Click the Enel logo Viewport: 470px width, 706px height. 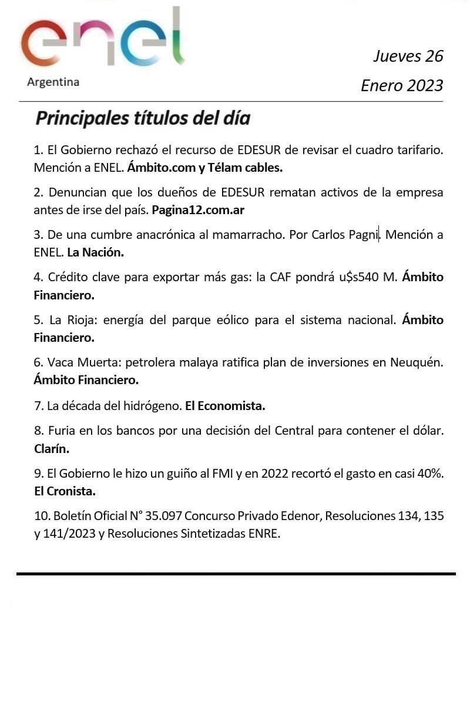coord(103,41)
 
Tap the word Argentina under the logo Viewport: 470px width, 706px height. coord(53,82)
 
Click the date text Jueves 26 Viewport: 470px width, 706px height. coord(408,56)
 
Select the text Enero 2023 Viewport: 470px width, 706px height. coord(402,86)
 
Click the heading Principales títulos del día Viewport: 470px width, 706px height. coord(143,118)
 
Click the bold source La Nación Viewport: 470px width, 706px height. coord(96,252)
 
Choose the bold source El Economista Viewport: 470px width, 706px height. coord(225,406)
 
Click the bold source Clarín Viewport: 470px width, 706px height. coord(52,449)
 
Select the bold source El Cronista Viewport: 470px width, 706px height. coord(65,491)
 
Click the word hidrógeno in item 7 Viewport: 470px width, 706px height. coord(152,406)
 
